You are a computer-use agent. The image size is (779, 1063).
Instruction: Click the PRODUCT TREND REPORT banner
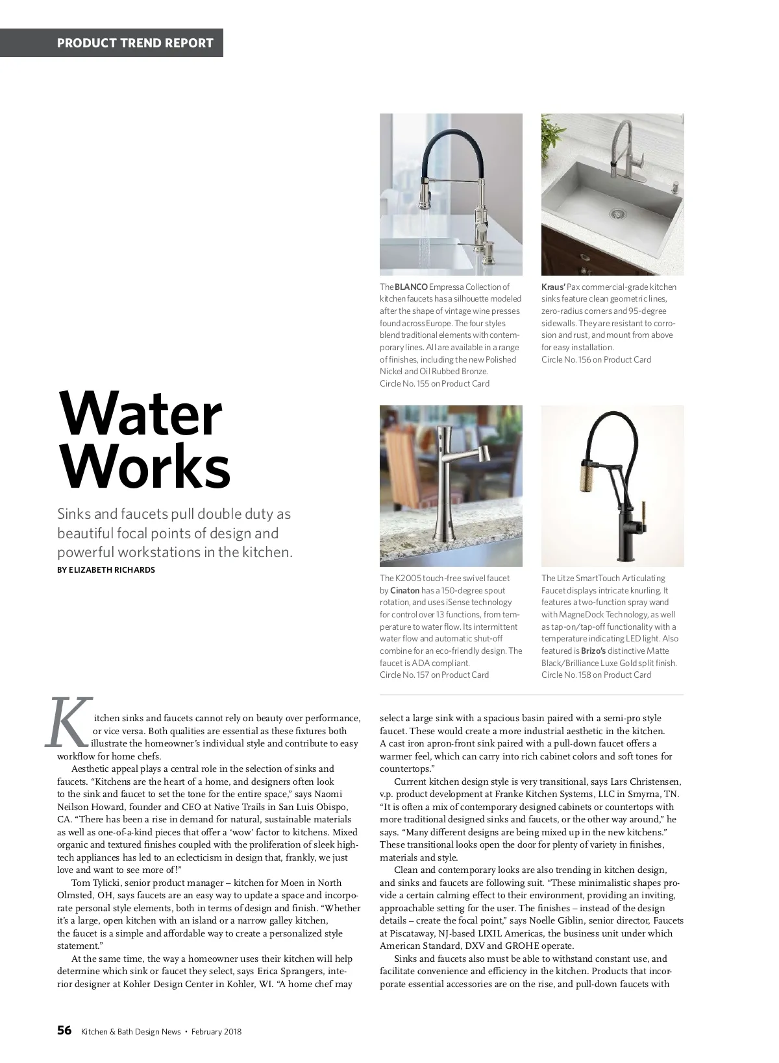[x=135, y=43]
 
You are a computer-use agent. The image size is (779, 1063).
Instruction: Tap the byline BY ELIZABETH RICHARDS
[x=106, y=570]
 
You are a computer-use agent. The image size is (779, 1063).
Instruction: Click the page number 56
[x=64, y=1031]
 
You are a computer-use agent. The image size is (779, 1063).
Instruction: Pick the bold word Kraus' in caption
[x=553, y=287]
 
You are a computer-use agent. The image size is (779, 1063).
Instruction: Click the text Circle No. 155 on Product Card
[x=434, y=383]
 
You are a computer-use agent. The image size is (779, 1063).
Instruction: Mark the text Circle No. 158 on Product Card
[x=596, y=675]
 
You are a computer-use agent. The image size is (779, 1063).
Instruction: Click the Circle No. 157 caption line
[x=434, y=675]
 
